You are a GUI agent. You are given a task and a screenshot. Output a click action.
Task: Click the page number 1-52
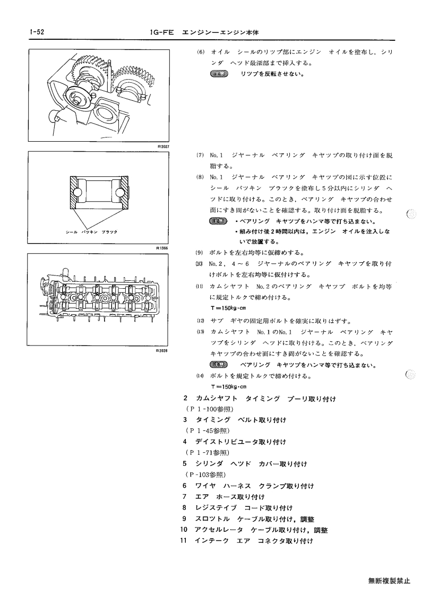point(37,32)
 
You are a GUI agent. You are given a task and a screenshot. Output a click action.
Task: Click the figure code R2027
point(163,146)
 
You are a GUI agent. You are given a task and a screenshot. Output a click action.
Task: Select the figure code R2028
point(161,350)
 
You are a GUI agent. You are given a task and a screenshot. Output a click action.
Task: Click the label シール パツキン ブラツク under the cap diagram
point(92,232)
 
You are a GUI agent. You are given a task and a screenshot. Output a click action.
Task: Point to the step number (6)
point(201,51)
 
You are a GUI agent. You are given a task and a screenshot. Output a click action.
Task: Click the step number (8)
point(200,177)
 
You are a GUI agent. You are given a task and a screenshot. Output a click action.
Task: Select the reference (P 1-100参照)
point(209,409)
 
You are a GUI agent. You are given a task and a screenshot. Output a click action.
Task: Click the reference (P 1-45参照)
point(208,430)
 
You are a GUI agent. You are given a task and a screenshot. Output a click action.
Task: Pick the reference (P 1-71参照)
point(208,453)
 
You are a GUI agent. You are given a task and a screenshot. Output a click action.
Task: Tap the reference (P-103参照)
point(205,475)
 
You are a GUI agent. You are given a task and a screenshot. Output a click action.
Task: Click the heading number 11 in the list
point(184,540)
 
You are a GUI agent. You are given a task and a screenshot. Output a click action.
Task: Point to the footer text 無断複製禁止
point(389,581)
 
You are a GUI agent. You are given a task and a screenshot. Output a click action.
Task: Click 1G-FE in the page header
point(162,33)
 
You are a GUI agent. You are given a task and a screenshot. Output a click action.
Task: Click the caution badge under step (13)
point(218,365)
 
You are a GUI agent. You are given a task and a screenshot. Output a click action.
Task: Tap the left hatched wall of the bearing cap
point(74,192)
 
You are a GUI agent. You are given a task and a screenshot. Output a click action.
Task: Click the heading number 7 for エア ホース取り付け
point(184,496)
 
